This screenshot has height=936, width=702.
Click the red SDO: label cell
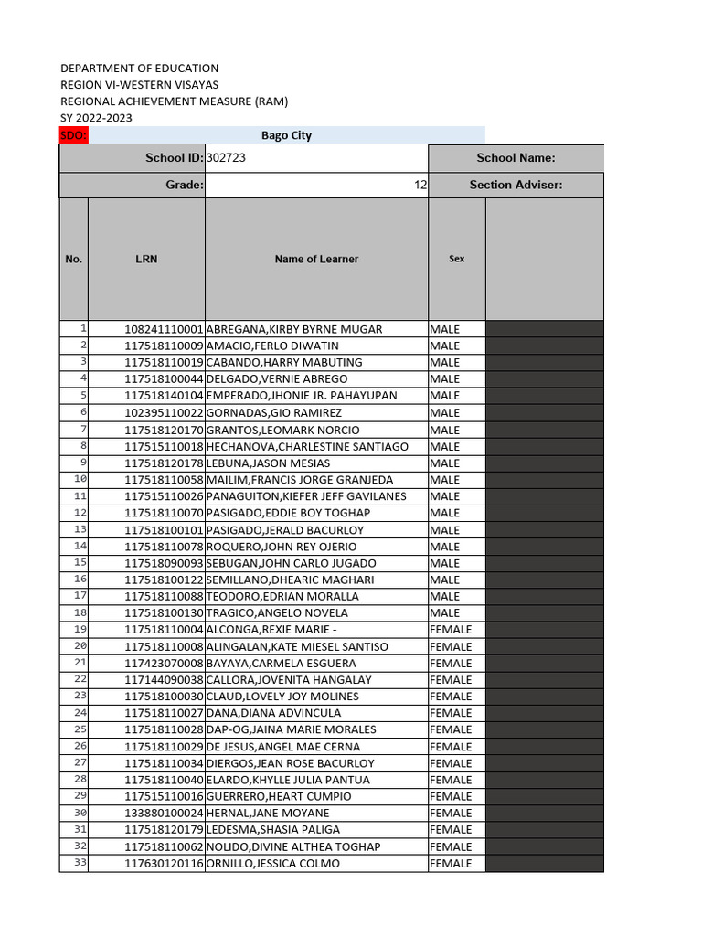click(73, 135)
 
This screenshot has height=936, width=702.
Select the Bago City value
click(286, 135)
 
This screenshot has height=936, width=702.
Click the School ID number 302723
click(227, 158)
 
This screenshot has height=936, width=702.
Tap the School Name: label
click(516, 158)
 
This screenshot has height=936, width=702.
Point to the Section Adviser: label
click(516, 185)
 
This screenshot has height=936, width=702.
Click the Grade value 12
click(420, 185)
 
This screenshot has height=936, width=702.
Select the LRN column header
click(146, 259)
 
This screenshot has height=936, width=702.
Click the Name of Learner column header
click(316, 259)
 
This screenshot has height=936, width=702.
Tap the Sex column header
click(456, 259)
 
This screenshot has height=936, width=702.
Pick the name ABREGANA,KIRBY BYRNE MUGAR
click(294, 329)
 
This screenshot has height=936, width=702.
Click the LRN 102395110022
click(165, 413)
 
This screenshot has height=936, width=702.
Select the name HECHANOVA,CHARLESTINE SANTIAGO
click(307, 447)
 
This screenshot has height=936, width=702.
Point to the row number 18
click(80, 612)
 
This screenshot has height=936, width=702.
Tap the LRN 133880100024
click(165, 814)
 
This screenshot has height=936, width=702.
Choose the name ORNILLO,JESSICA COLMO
click(272, 864)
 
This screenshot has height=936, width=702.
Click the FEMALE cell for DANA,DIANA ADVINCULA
click(451, 713)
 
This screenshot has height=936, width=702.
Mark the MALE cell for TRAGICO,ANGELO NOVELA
click(445, 612)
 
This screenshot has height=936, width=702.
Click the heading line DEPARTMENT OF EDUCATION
click(140, 69)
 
